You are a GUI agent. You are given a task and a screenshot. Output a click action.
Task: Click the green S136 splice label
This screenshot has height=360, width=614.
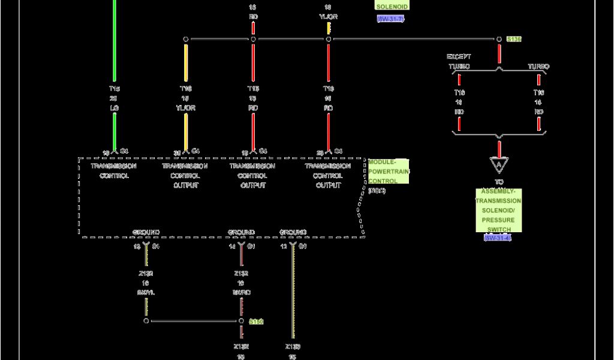(x=514, y=39)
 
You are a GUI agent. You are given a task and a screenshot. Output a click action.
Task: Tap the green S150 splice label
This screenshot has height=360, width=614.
(x=256, y=322)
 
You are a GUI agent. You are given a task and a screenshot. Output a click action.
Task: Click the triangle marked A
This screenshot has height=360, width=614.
(x=499, y=164)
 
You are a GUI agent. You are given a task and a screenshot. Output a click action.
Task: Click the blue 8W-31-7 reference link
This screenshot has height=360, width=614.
(x=391, y=19)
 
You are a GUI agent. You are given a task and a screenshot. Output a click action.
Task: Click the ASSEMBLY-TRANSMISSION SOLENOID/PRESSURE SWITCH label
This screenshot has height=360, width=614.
(x=499, y=210)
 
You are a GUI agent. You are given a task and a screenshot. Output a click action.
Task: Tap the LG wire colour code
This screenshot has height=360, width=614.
(x=114, y=107)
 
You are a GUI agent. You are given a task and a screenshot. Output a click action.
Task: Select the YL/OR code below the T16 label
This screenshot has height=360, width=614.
(x=186, y=107)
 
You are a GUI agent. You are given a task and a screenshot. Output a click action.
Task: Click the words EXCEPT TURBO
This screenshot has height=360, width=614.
(x=459, y=61)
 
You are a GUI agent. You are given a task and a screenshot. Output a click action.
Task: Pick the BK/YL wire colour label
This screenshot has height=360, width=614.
(x=146, y=292)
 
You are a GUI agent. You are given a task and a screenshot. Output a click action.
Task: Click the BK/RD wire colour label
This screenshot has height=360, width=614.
(x=241, y=292)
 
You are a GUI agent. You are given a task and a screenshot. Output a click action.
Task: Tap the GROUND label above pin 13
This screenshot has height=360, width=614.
(x=146, y=232)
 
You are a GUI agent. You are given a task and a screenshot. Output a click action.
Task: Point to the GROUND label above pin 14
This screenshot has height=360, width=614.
(x=241, y=232)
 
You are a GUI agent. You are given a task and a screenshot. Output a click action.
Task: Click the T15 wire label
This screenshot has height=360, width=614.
(x=114, y=88)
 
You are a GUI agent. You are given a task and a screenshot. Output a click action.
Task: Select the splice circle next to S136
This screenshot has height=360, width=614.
(x=499, y=39)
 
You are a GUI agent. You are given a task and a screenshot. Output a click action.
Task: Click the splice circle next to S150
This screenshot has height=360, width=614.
(x=242, y=321)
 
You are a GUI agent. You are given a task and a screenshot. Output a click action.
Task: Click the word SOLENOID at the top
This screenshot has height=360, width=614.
(x=392, y=6)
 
